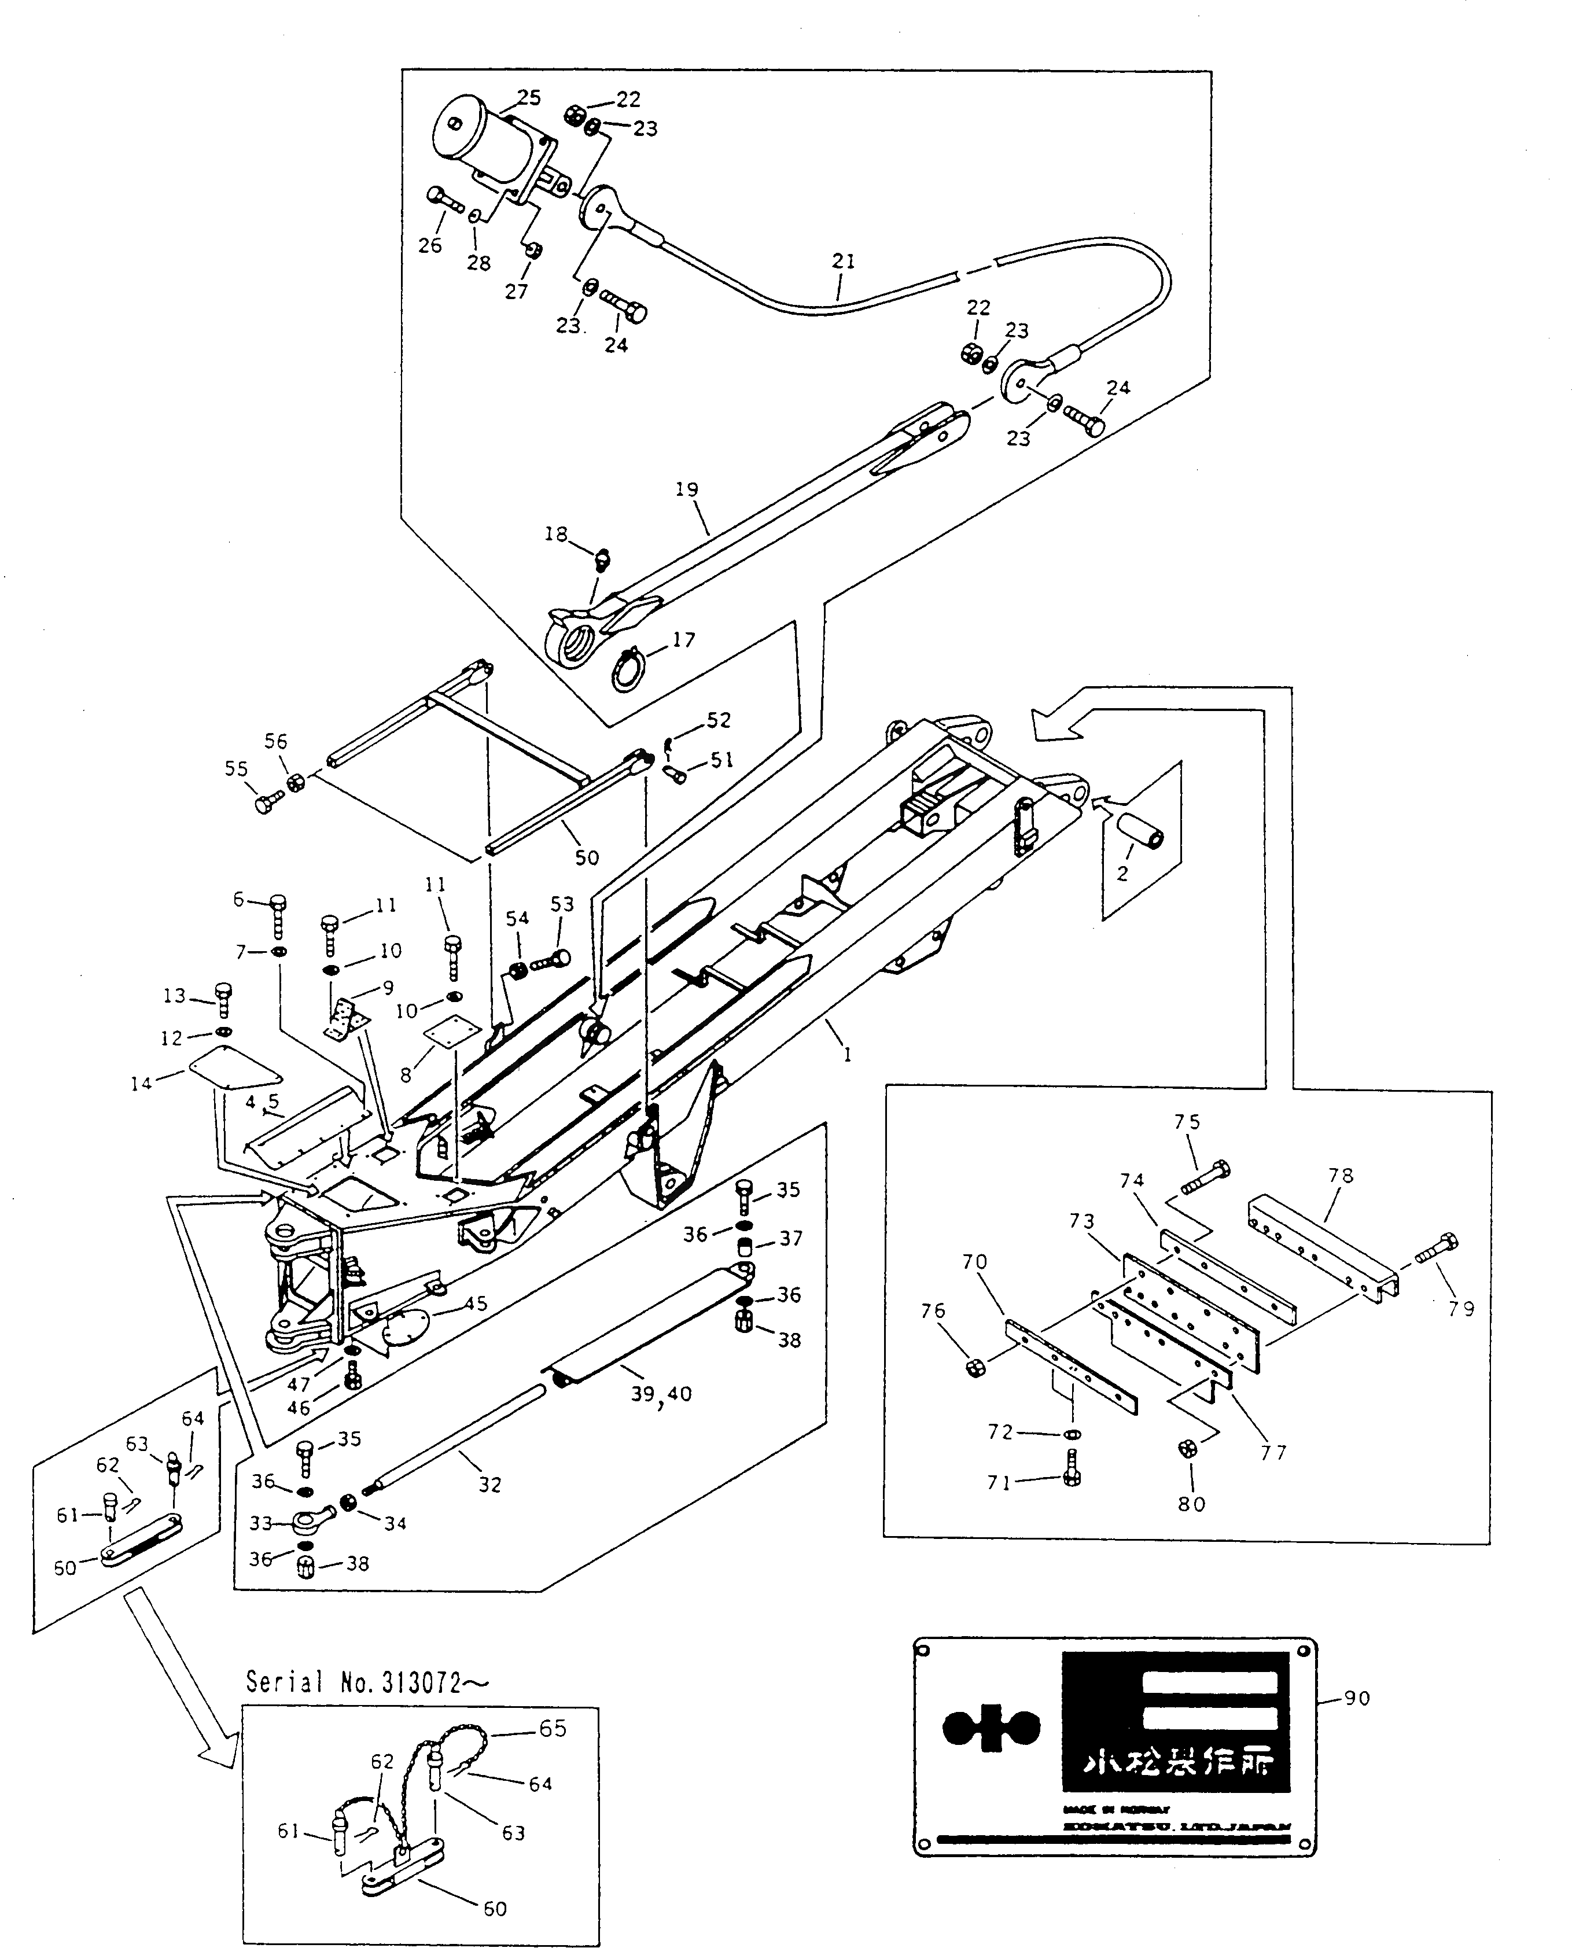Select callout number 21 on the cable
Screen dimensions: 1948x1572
tap(843, 261)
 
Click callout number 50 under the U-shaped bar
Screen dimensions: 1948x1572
tap(587, 857)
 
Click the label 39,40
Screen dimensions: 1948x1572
tap(662, 1394)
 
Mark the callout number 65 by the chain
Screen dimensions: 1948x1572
tap(553, 1728)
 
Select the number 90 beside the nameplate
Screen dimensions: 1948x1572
tap(1357, 1698)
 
